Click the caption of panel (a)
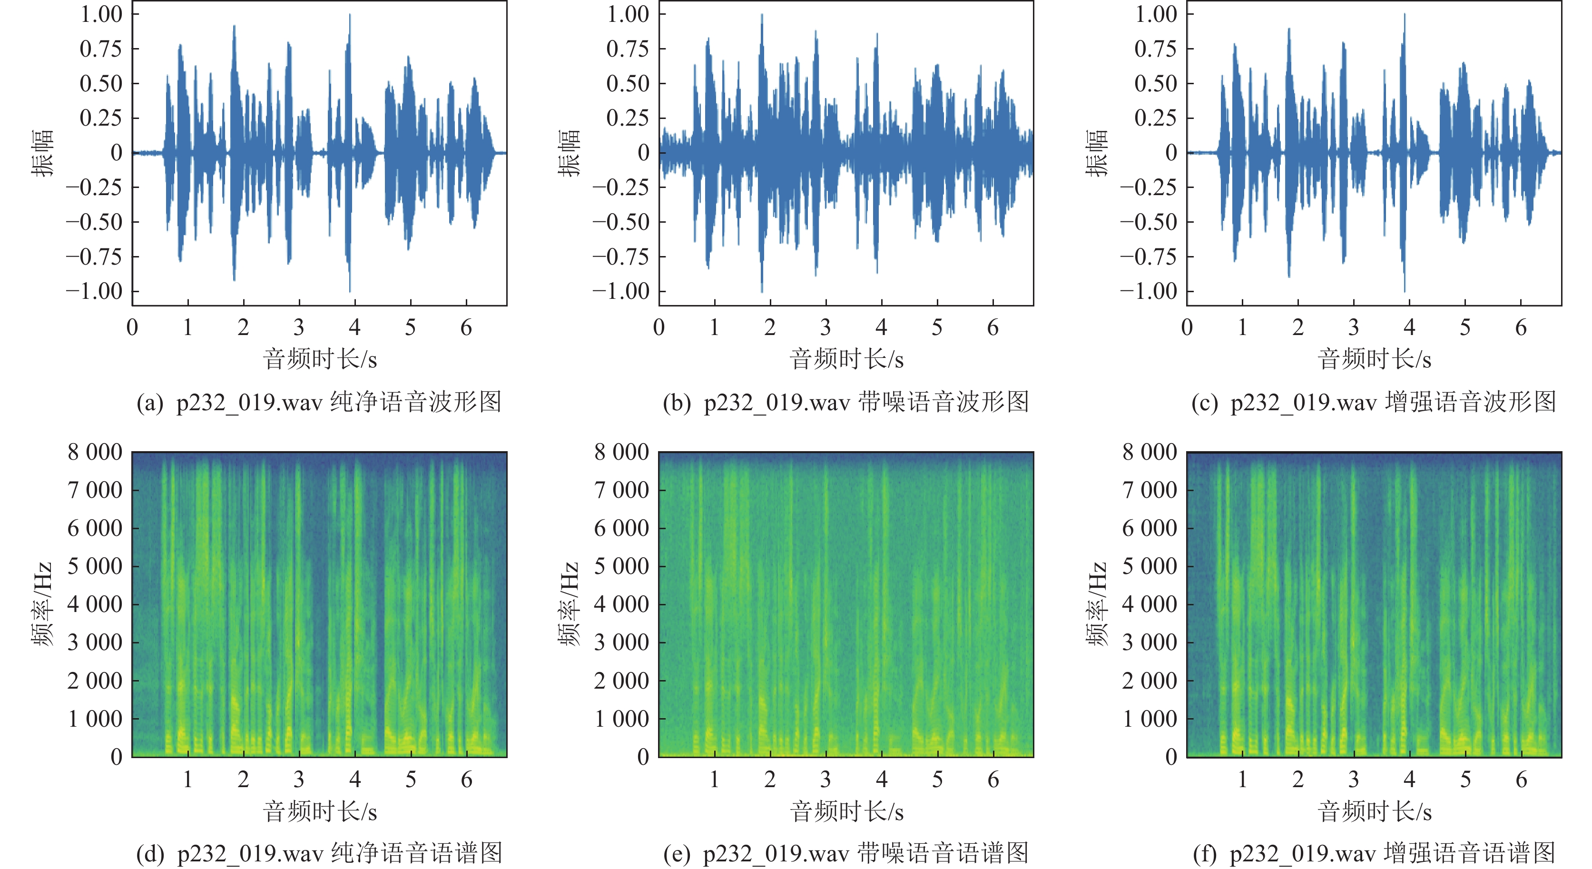point(318,402)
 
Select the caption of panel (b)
point(845,402)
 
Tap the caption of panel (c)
point(1373,402)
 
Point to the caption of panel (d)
point(318,854)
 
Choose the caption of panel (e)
point(845,854)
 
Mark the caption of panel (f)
point(1373,854)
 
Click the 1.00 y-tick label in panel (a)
point(101,14)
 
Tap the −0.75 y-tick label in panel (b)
point(621,256)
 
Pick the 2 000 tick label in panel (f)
point(1150,681)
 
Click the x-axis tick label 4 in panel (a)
point(355,327)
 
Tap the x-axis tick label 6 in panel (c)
point(1521,327)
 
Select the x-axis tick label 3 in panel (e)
point(825,780)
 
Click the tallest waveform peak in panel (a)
point(350,15)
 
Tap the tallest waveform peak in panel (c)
point(1405,15)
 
